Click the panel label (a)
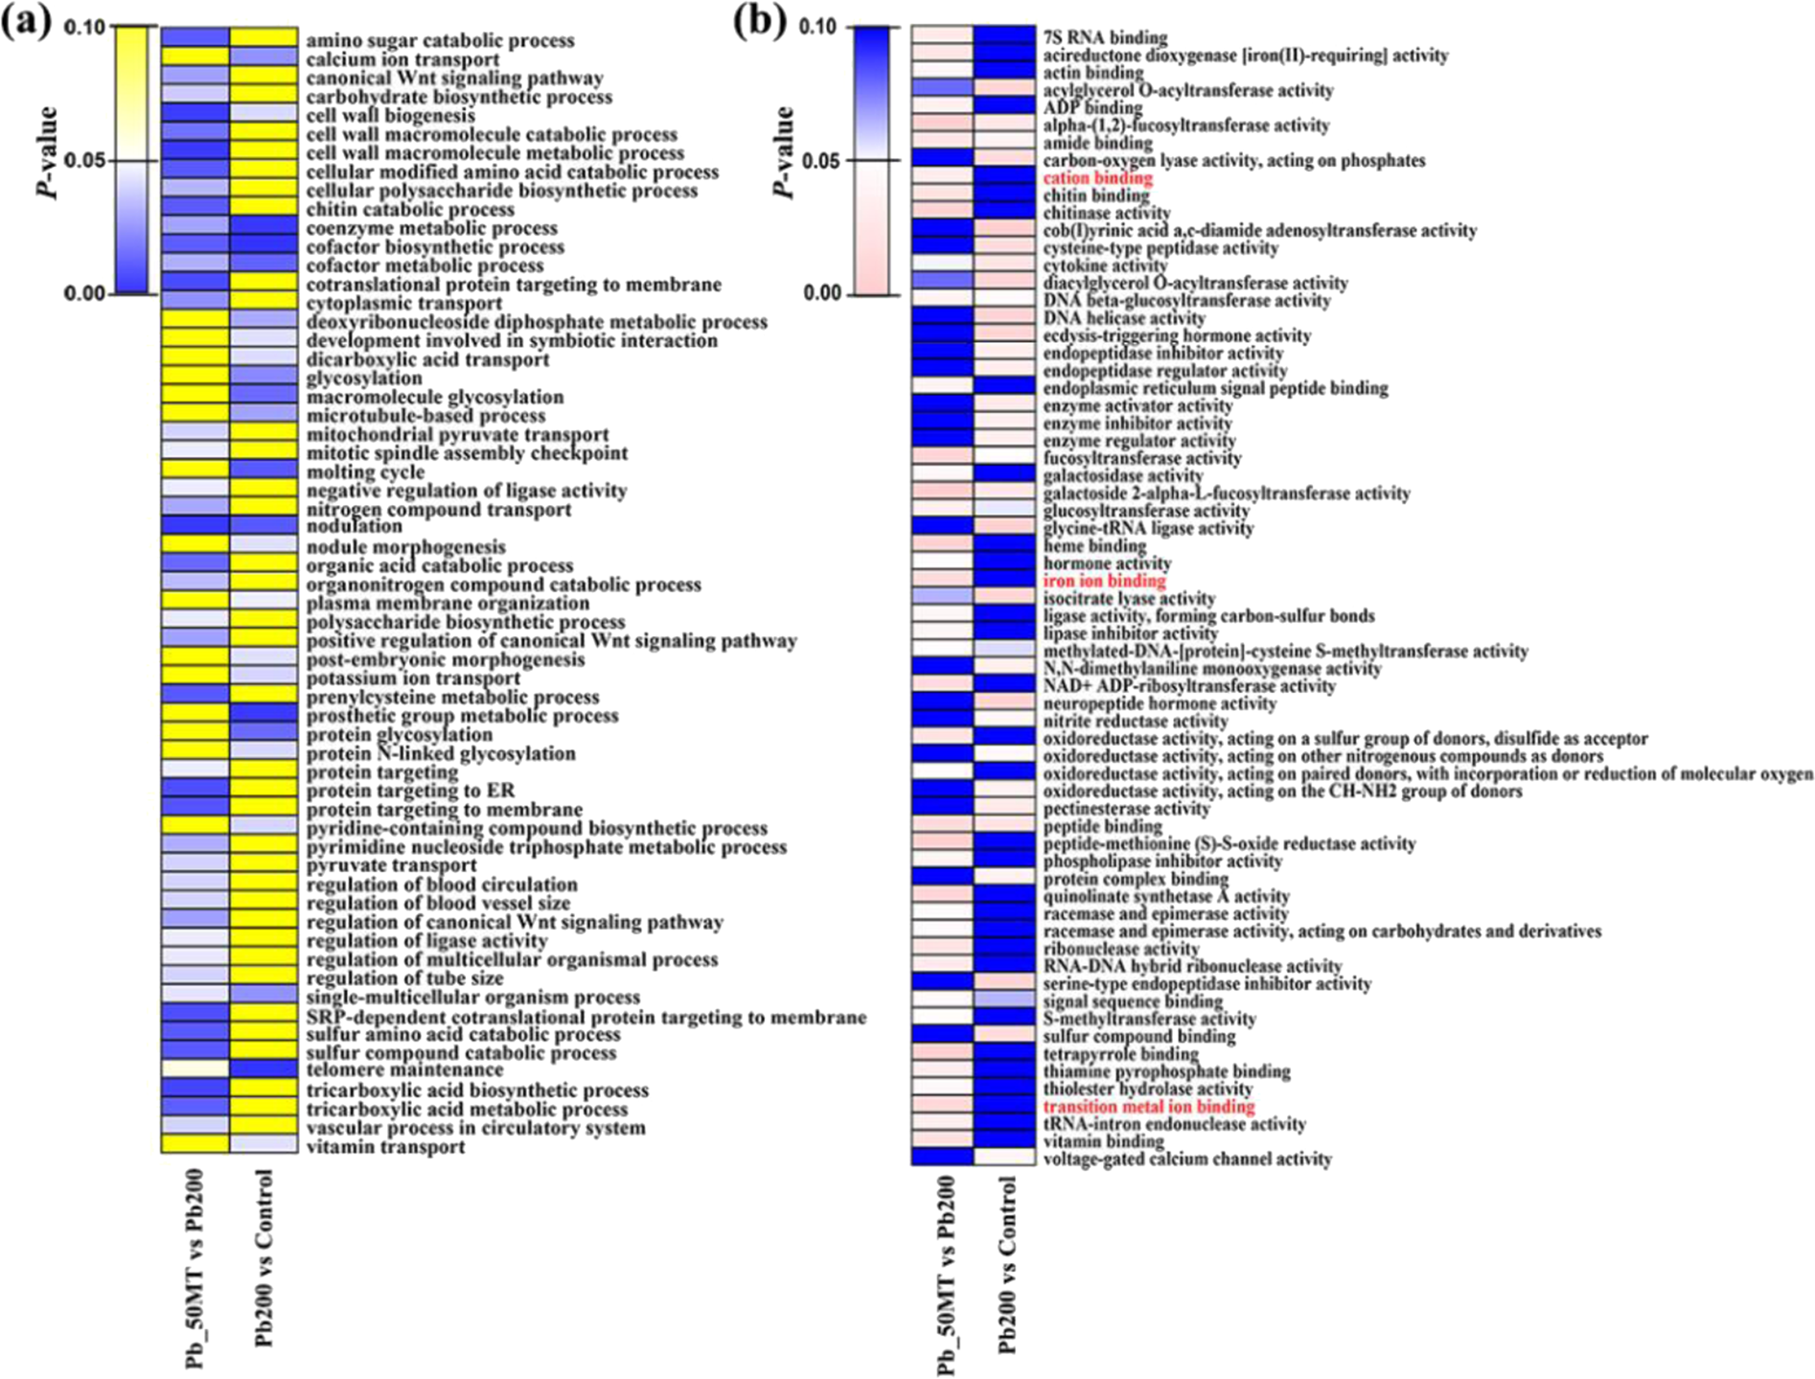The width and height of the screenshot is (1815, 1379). [26, 21]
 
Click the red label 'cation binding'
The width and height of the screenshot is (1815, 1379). [1097, 178]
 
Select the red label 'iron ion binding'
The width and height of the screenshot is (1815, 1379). [1104, 581]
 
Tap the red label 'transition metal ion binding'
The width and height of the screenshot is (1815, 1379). [1148, 1107]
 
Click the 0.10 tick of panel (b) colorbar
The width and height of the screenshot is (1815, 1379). [817, 27]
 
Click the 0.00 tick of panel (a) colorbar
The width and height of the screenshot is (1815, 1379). [83, 293]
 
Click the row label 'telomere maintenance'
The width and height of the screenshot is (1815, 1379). [404, 1069]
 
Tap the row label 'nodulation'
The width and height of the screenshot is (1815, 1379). [355, 526]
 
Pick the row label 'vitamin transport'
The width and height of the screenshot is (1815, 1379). [385, 1147]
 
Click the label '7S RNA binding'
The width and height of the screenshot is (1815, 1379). [1105, 37]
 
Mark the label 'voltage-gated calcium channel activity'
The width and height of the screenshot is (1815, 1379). [1187, 1160]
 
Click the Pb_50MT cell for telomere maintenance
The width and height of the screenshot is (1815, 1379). [195, 1069]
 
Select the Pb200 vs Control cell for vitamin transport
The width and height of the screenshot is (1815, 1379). [264, 1143]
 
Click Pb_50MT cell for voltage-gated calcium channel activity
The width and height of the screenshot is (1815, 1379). [942, 1158]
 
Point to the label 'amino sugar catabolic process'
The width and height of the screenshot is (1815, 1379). [440, 40]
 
